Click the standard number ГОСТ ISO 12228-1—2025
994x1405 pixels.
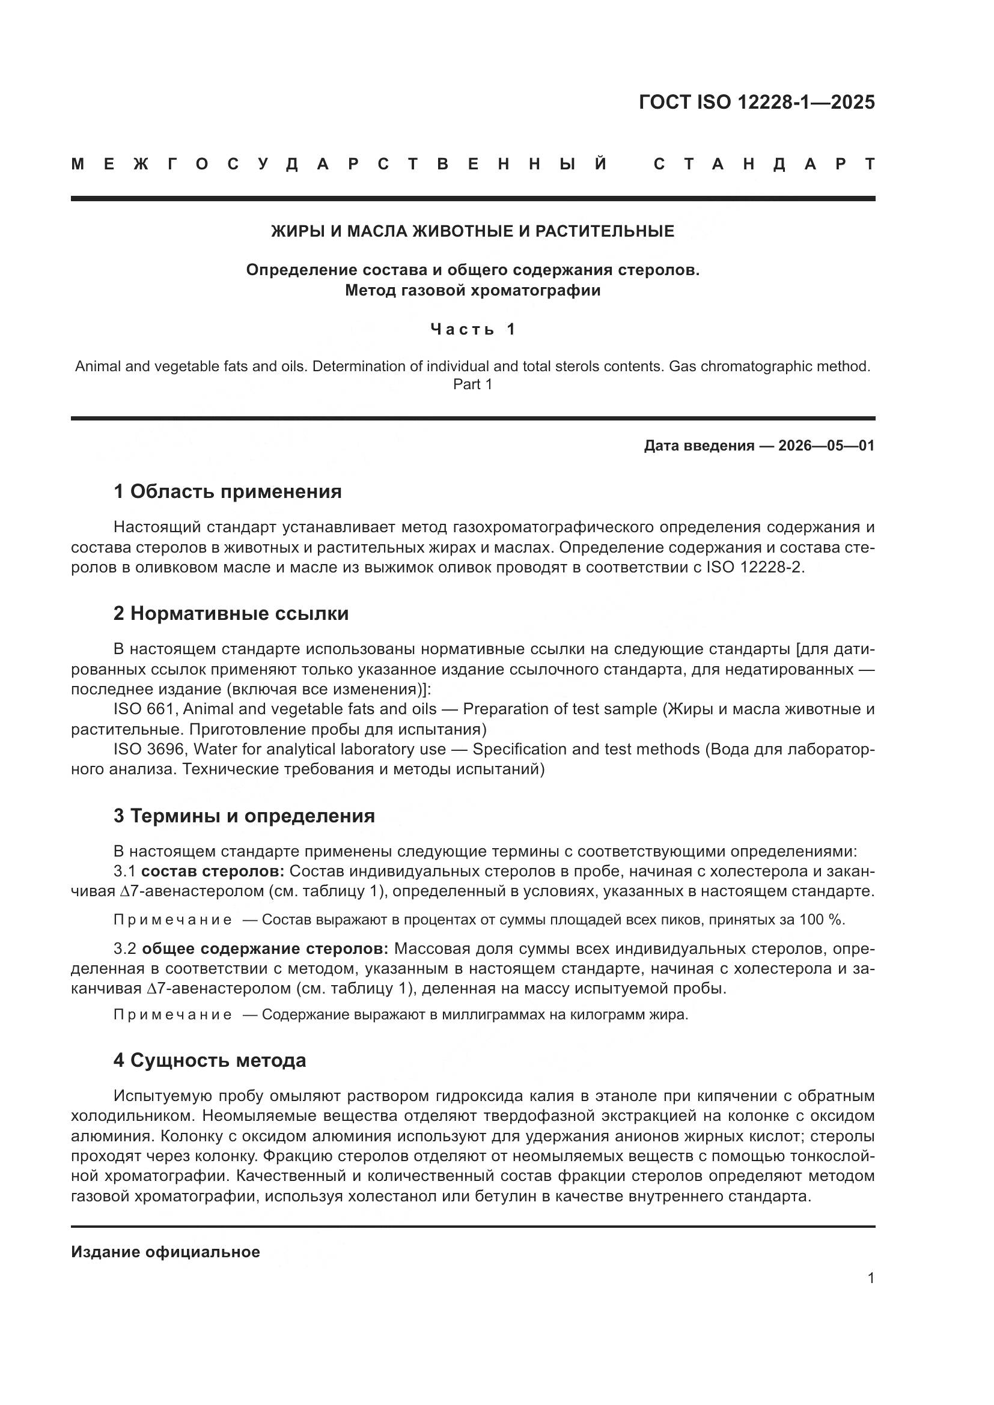[757, 102]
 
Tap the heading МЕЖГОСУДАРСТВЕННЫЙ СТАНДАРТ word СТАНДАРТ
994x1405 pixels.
[764, 164]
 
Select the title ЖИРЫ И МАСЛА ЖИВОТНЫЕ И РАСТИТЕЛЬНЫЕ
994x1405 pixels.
[472, 231]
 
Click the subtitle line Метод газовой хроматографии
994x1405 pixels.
[472, 290]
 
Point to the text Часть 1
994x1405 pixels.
[472, 329]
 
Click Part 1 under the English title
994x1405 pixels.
[472, 384]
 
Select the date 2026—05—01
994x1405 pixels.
[826, 446]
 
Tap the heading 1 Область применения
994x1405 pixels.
[227, 491]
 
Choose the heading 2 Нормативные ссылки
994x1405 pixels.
[231, 613]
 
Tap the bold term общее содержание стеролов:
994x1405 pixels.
[265, 949]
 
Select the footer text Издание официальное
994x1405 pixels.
[165, 1252]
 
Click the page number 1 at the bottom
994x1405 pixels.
[870, 1278]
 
